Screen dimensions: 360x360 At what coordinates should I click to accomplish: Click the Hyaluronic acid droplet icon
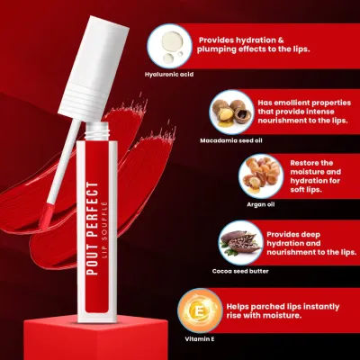[170, 46]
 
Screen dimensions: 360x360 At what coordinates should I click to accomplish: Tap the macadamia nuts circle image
[231, 112]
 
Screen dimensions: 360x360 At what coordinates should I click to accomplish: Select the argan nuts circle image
[261, 176]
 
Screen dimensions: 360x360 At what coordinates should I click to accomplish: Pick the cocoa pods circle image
[240, 243]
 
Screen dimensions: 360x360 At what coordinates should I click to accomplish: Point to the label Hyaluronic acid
[169, 74]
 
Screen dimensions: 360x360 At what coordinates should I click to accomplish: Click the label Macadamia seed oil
[231, 140]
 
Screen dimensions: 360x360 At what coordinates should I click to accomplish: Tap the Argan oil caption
[261, 204]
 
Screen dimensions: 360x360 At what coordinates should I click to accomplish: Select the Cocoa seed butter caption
[240, 271]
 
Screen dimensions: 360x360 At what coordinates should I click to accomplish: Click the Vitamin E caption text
[200, 339]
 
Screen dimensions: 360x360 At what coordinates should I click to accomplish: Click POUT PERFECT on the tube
[94, 228]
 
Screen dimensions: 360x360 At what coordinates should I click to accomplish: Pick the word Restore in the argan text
[303, 163]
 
